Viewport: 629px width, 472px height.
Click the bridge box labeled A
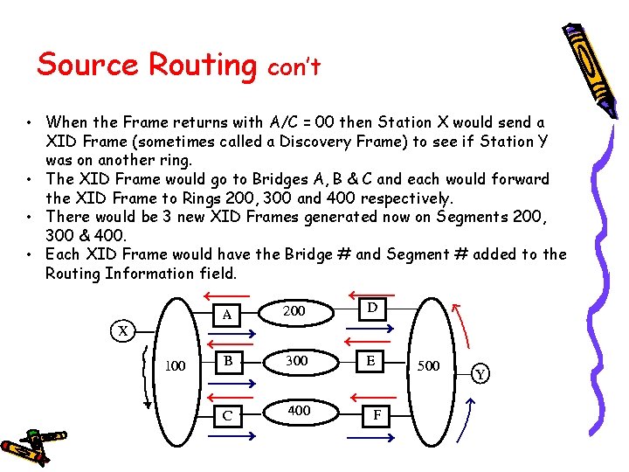[x=227, y=314]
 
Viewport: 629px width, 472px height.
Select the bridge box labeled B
[x=227, y=360]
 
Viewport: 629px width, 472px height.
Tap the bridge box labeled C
[x=227, y=414]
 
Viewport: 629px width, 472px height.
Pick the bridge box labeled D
[x=372, y=309]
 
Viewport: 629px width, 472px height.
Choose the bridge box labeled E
[x=372, y=360]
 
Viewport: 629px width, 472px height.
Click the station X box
[x=124, y=330]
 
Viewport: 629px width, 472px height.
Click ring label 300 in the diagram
[x=297, y=360]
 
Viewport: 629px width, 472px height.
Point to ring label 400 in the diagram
[x=299, y=409]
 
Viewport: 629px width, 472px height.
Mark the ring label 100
[x=175, y=365]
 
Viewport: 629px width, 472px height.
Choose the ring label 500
[x=428, y=364]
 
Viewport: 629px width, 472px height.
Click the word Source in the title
[x=87, y=64]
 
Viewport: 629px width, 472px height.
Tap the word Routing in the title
[x=202, y=66]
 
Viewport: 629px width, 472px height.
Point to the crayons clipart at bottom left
[x=35, y=444]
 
